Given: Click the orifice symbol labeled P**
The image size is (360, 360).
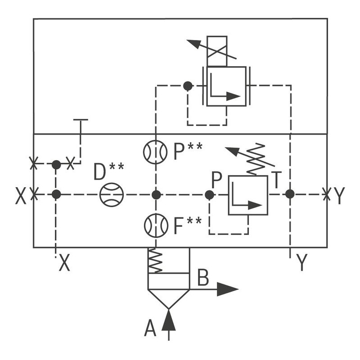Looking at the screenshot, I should pos(156,153).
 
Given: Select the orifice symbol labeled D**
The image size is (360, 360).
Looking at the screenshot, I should pos(111,194).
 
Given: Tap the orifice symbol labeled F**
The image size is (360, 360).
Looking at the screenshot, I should pos(156,225).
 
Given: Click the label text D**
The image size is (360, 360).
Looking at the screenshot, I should pos(109,172).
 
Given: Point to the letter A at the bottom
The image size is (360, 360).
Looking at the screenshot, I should pos(150,328).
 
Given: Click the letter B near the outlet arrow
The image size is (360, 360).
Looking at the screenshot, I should pos(203,278).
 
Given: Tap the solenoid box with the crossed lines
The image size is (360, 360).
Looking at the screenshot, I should pos(217,51).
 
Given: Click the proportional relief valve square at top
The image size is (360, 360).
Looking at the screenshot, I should pos(226,86).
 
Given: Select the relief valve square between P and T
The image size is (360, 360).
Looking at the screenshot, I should pos(248,195).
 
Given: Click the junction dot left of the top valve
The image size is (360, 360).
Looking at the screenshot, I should pos(188,85).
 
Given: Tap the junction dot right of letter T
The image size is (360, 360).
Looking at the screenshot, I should pos(290,194).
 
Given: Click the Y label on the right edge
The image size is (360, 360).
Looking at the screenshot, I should pos(339,195).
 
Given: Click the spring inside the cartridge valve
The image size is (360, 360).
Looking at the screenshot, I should pos(155,261).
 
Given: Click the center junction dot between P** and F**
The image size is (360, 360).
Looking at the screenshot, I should pos(156,194).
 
